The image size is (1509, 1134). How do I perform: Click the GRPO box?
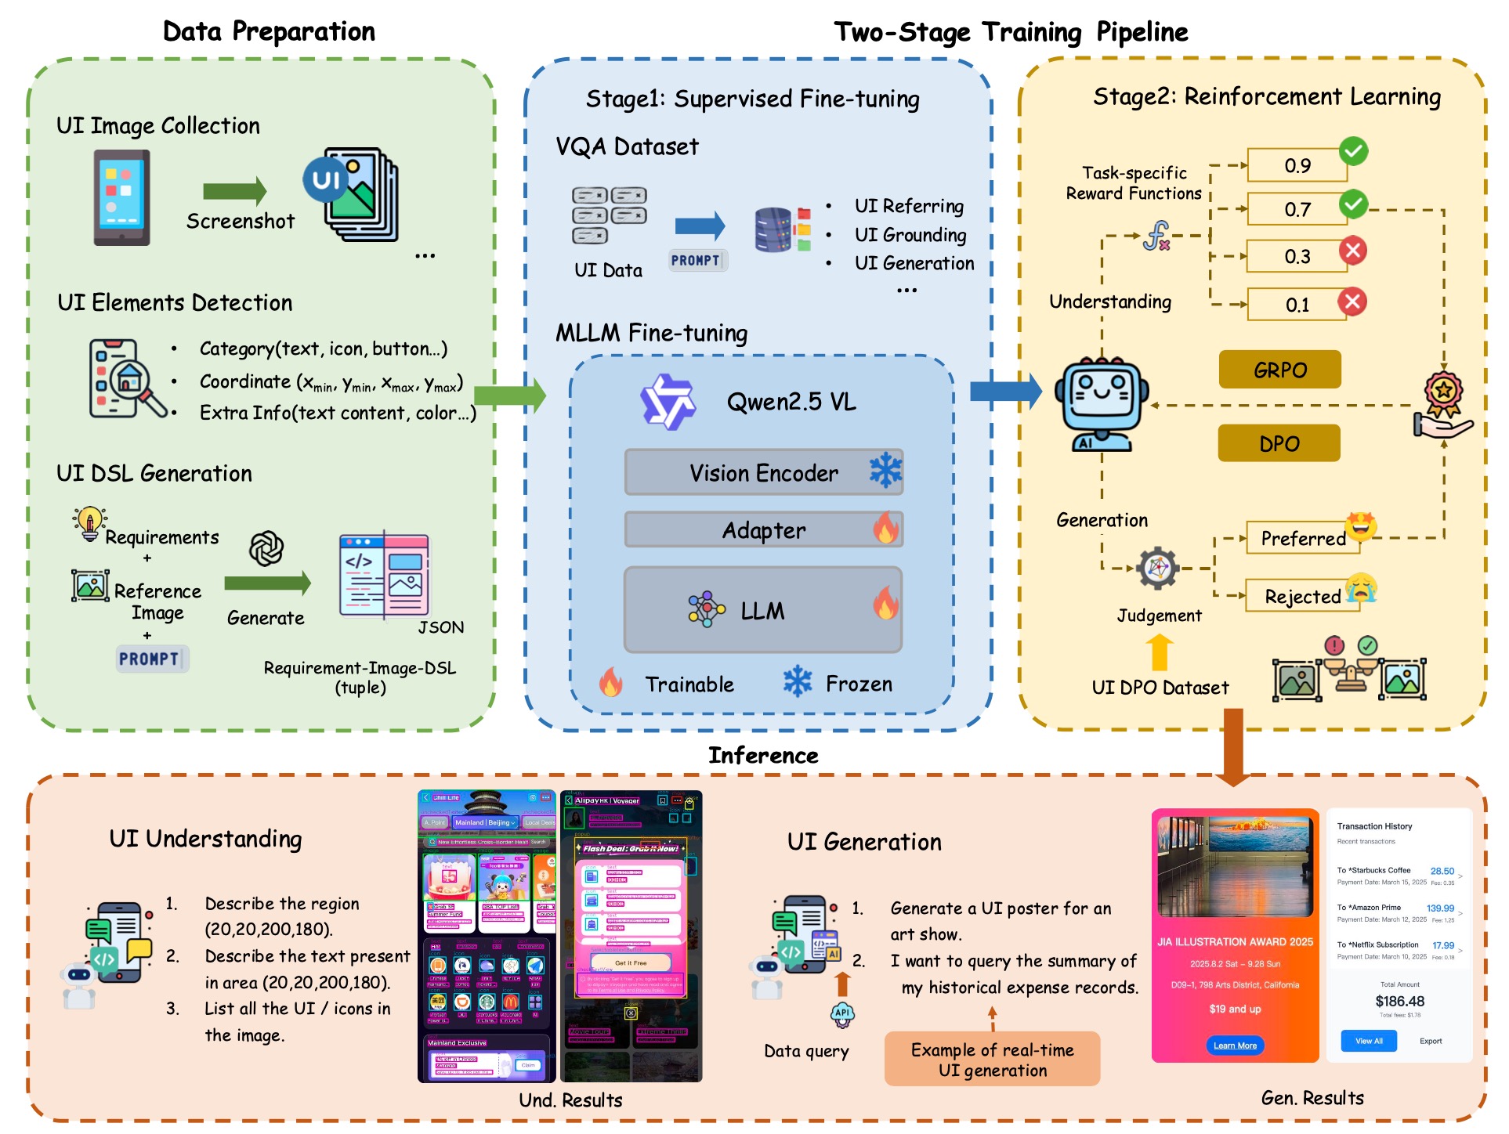[x=1279, y=370]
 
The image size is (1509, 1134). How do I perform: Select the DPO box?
[x=1279, y=443]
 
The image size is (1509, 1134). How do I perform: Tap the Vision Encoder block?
[x=763, y=472]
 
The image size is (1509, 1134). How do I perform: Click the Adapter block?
[x=763, y=530]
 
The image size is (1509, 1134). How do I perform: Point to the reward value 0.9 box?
[x=1297, y=165]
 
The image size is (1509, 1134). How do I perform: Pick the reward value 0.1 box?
[x=1297, y=305]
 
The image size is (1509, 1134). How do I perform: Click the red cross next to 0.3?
[x=1352, y=251]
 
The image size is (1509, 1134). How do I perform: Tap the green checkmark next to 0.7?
[x=1353, y=204]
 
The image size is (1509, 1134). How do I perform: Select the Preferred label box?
[x=1303, y=539]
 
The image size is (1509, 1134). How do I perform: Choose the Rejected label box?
[x=1303, y=597]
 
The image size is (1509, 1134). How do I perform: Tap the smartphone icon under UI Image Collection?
[x=121, y=197]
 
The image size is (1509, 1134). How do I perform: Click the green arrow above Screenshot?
[x=234, y=191]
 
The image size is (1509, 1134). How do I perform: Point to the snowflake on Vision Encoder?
[x=885, y=471]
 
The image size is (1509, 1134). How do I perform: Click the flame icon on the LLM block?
[x=885, y=604]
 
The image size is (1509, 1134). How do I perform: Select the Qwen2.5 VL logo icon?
[x=667, y=402]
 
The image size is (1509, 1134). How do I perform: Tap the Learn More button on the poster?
[x=1235, y=1046]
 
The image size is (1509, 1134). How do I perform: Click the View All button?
[x=1369, y=1041]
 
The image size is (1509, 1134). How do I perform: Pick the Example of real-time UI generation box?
[x=992, y=1060]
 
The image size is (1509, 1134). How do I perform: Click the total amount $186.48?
[x=1399, y=1001]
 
